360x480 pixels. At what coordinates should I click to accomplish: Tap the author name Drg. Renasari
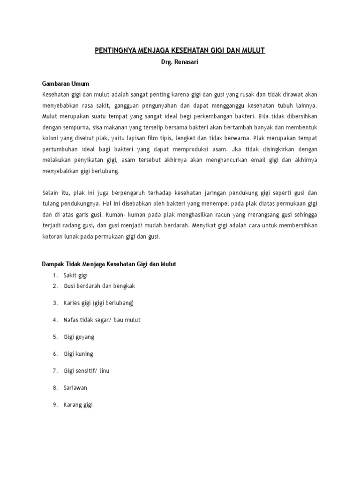tap(180, 62)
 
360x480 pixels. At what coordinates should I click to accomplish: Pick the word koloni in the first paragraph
tap(50, 138)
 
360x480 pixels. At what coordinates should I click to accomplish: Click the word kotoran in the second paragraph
tap(52, 237)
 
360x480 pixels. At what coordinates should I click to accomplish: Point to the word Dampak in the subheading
tap(52, 264)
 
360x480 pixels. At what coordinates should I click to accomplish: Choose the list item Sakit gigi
tap(76, 275)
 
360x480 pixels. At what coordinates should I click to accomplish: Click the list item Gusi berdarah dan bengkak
tap(99, 286)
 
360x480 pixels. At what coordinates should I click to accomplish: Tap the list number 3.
tap(55, 303)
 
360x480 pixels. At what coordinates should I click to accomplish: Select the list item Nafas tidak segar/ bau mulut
tap(102, 320)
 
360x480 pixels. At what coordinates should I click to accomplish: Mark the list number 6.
tap(55, 354)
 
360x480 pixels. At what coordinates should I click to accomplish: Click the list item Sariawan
tap(75, 388)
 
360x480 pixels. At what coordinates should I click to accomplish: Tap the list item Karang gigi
tap(78, 405)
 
